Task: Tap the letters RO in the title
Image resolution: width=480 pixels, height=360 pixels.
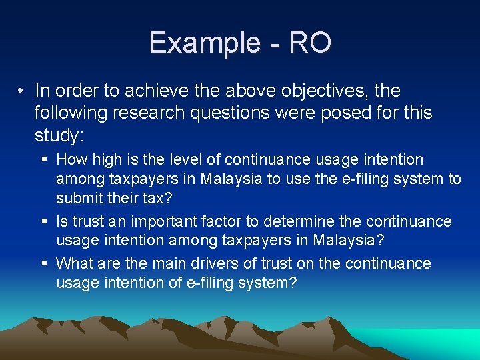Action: (x=310, y=43)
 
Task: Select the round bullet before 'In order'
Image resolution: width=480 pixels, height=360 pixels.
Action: (x=22, y=90)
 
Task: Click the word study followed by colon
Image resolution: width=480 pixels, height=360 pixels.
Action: (x=59, y=135)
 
